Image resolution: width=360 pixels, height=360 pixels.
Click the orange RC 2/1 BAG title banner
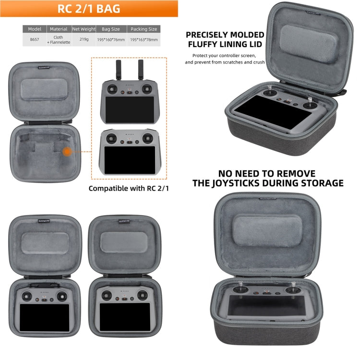(89, 9)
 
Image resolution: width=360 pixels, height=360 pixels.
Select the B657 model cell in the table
(35, 39)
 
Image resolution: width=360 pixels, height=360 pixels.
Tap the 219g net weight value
(84, 39)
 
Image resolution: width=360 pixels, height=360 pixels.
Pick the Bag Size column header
(111, 29)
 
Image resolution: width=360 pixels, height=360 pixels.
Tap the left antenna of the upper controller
(118, 69)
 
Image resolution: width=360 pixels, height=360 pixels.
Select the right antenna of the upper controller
(141, 69)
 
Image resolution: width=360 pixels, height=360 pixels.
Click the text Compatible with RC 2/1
(129, 189)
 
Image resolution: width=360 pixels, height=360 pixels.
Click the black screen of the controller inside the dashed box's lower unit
(130, 160)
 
